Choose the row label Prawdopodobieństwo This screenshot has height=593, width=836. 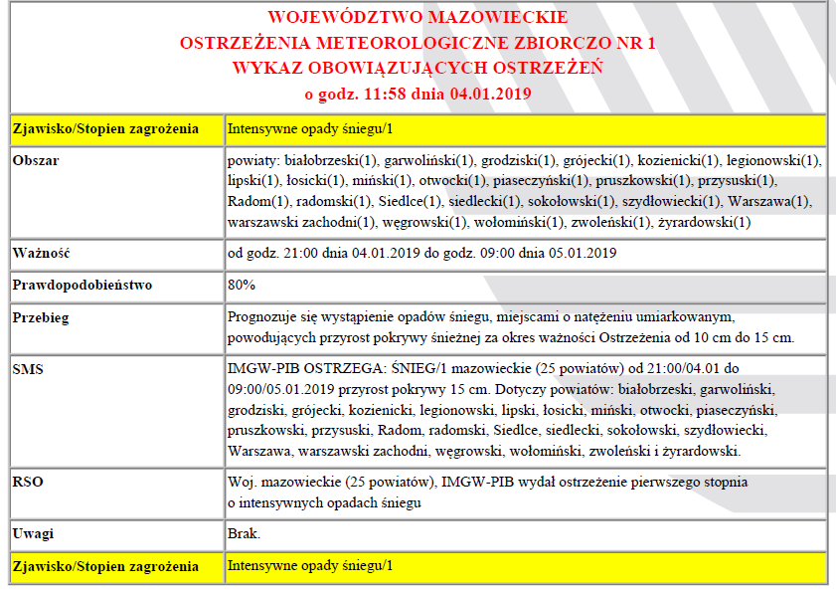(82, 286)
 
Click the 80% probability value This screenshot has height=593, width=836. (242, 286)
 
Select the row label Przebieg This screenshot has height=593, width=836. (43, 318)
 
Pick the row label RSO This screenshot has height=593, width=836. (29, 484)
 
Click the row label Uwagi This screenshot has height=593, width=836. (34, 534)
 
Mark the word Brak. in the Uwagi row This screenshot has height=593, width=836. (244, 534)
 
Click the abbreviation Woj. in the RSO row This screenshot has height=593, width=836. (242, 483)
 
